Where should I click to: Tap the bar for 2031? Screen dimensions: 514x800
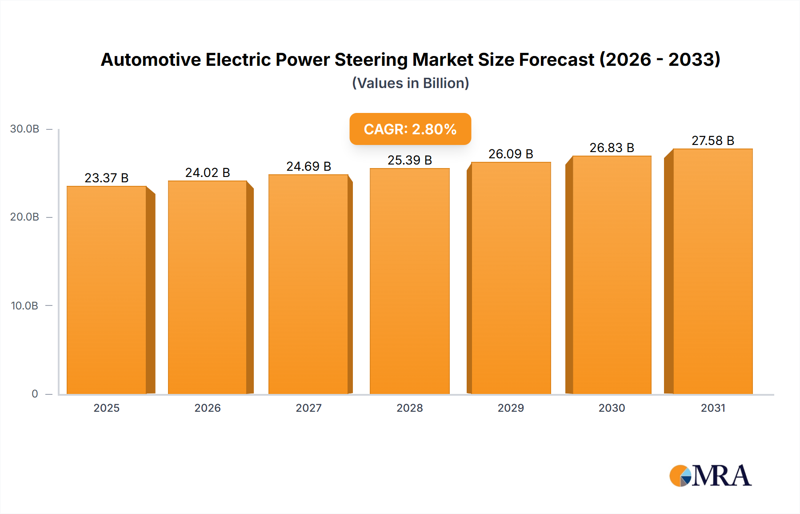(x=713, y=271)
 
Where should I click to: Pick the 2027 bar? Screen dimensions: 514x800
(x=308, y=284)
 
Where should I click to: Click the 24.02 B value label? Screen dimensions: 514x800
(x=208, y=173)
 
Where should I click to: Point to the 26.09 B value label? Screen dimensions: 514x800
(x=511, y=154)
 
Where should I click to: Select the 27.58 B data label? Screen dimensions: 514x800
(x=713, y=141)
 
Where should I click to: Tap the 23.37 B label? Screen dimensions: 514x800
(x=107, y=178)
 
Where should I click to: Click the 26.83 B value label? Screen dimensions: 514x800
(x=612, y=148)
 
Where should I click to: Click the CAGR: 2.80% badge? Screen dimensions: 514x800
(x=410, y=129)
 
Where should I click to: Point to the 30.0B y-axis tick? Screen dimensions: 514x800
(x=25, y=129)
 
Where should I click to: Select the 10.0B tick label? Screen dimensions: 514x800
(x=25, y=306)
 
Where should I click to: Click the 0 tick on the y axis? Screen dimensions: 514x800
(x=35, y=394)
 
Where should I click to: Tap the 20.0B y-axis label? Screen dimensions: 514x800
(x=25, y=217)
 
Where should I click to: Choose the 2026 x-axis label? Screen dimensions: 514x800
(x=208, y=408)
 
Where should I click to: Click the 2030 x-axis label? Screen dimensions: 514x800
(x=612, y=408)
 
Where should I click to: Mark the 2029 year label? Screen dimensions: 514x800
(x=511, y=408)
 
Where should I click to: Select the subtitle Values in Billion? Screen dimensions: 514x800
(x=410, y=83)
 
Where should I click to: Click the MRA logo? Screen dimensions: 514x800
(x=710, y=476)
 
